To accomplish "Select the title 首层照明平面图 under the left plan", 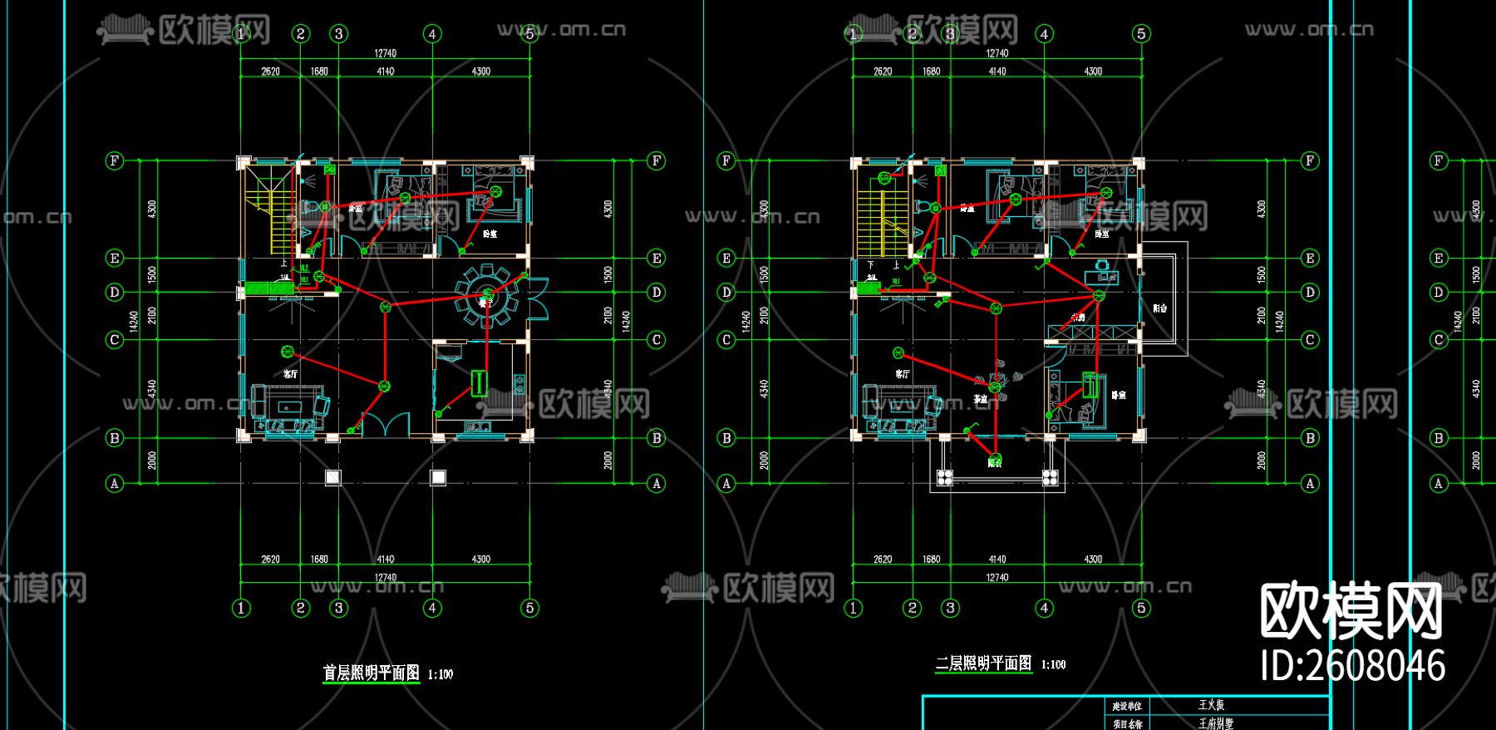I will click(x=371, y=673).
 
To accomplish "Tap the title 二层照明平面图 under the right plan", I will click(x=983, y=663).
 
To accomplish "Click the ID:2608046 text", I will click(x=1352, y=666).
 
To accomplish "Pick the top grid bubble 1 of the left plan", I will click(x=241, y=34).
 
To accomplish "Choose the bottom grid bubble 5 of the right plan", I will click(x=1141, y=608).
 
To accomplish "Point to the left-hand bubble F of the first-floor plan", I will click(x=115, y=160).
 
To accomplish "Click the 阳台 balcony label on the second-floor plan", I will click(x=1159, y=308).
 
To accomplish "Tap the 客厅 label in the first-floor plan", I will click(x=290, y=374).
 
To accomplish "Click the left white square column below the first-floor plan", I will click(x=332, y=477).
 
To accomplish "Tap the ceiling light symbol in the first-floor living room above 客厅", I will click(x=288, y=353).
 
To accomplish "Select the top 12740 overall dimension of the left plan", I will click(x=385, y=53).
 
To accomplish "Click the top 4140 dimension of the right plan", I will click(x=997, y=72).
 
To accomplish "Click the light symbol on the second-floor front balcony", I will click(x=997, y=458).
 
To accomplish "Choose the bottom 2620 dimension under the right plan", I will click(x=883, y=560).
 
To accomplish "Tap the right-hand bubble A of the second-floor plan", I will click(x=1310, y=483).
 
